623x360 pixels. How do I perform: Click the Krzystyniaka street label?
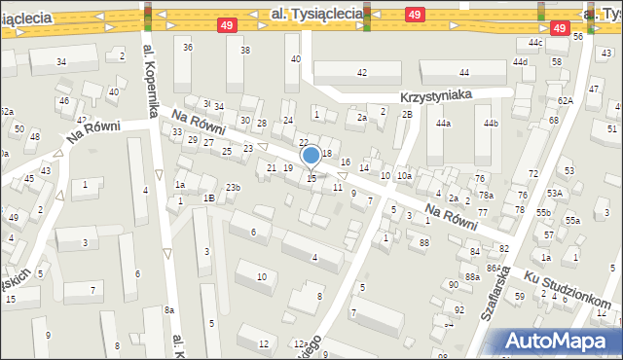tap(449, 95)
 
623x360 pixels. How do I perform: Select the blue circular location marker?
tap(311, 155)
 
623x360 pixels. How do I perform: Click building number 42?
tap(362, 73)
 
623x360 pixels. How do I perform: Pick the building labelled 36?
tap(188, 48)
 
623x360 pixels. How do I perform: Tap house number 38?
tap(245, 51)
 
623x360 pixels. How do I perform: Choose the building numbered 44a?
tap(444, 124)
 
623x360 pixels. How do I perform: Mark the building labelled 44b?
tap(491, 124)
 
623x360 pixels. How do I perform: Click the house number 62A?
tap(566, 100)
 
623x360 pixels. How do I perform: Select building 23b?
tap(233, 187)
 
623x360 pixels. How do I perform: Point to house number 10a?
tap(404, 175)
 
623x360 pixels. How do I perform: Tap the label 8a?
tap(169, 309)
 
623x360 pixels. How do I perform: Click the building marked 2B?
tap(407, 115)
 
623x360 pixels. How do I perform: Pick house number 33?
tap(177, 131)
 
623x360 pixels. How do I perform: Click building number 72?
tap(532, 173)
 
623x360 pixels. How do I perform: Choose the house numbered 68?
tap(553, 121)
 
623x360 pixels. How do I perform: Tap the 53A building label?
tap(554, 193)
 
